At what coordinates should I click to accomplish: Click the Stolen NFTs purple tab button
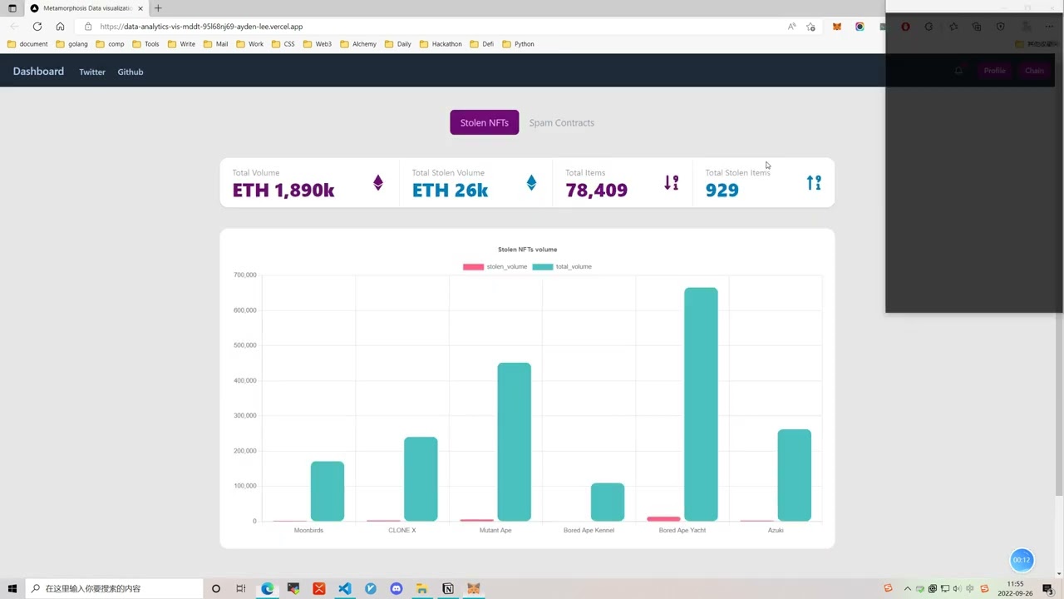coord(484,122)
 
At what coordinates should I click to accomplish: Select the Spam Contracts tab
coord(561,122)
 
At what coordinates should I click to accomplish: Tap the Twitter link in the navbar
coord(92,72)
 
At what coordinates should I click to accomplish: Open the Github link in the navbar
coord(131,72)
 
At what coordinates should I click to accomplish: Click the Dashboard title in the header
coord(38,72)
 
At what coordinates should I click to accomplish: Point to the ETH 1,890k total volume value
coord(283,191)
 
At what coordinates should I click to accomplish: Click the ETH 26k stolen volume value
coord(450,191)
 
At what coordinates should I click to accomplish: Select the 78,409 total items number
coord(596,191)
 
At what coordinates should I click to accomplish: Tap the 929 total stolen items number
coord(722,191)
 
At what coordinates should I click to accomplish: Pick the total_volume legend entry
coord(563,266)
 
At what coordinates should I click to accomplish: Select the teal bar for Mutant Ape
coord(514,442)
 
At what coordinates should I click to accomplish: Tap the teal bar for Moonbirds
coord(328,491)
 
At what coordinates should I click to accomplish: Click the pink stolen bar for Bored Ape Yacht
coord(663,519)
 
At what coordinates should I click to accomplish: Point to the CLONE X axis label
coord(401,530)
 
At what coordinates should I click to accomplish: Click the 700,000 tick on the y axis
coord(244,275)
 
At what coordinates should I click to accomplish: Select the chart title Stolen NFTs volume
coord(527,250)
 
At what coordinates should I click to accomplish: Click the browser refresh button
coord(37,27)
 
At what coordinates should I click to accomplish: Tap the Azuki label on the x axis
coord(775,530)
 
